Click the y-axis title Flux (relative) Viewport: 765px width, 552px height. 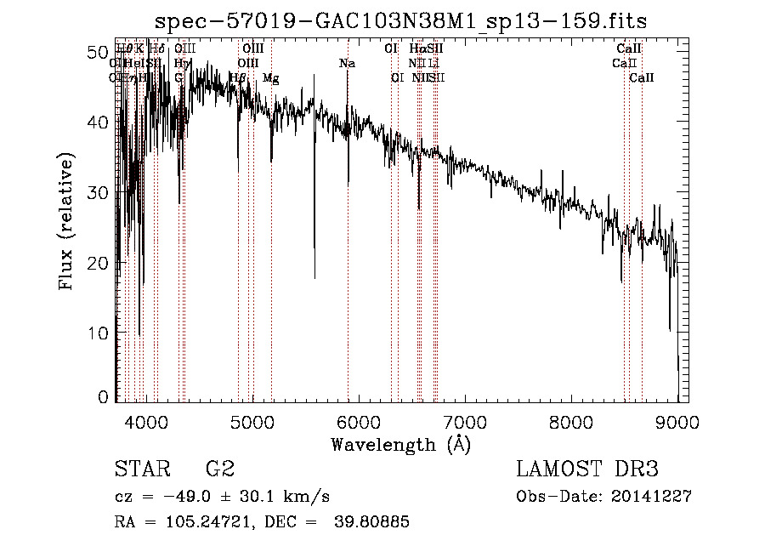click(66, 221)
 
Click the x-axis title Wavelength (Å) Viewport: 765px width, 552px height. click(400, 444)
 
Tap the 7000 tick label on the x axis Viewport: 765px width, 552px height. click(465, 420)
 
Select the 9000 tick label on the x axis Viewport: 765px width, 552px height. click(677, 420)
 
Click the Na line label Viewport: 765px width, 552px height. click(347, 64)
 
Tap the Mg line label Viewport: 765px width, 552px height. click(271, 78)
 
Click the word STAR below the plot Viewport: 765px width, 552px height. click(142, 469)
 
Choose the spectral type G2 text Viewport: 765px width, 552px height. click(220, 469)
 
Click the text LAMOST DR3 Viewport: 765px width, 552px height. click(586, 469)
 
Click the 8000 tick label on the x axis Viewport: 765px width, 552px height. click(571, 420)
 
